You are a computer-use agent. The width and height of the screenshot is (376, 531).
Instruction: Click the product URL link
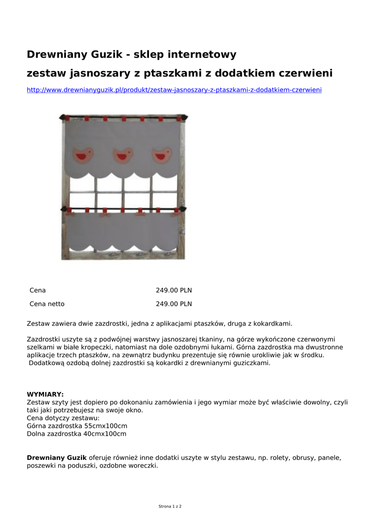click(x=174, y=90)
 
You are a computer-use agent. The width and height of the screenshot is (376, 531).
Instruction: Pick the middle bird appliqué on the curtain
click(x=123, y=155)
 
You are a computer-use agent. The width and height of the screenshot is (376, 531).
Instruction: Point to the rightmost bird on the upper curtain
click(x=161, y=155)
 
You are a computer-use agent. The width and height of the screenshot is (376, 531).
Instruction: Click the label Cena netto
click(x=47, y=304)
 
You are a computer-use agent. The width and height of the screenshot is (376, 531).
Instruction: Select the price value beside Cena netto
click(x=174, y=304)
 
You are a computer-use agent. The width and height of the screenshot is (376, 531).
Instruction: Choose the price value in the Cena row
click(x=174, y=290)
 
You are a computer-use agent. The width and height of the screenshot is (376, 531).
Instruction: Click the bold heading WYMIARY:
click(x=45, y=394)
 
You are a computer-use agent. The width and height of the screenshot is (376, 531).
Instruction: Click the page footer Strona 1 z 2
click(x=170, y=506)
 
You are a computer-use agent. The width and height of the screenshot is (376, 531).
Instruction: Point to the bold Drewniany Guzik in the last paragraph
click(x=57, y=457)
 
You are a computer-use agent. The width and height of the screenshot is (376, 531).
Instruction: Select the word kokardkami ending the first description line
click(x=275, y=324)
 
